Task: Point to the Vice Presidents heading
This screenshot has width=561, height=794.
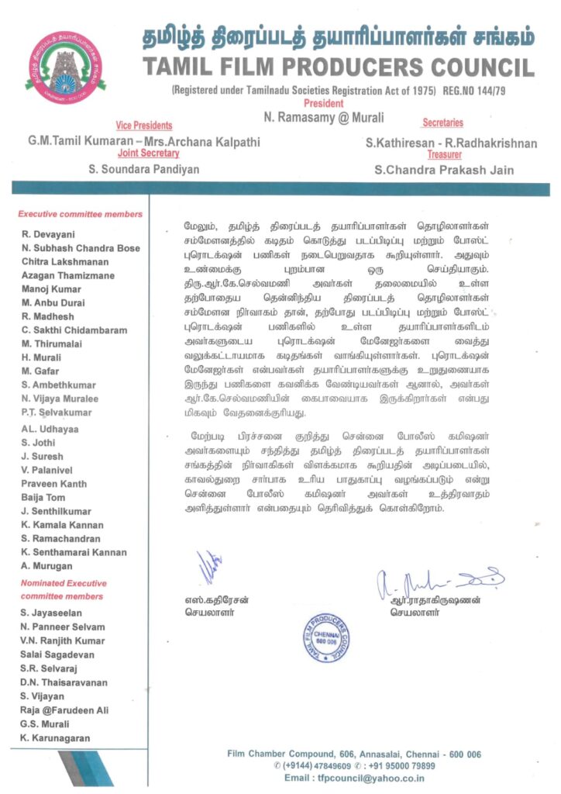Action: pos(144,126)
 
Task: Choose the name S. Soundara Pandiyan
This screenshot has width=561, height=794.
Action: pos(144,169)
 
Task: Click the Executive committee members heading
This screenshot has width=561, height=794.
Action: pos(81,214)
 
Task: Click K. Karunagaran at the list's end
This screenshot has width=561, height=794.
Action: pos(56,737)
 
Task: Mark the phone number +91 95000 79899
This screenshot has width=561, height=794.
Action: pos(401,765)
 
